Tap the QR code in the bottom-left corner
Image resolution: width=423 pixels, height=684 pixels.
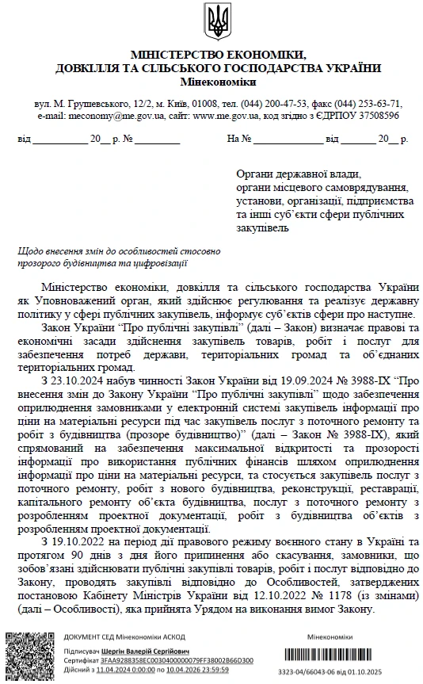pyautogui.click(x=30, y=655)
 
